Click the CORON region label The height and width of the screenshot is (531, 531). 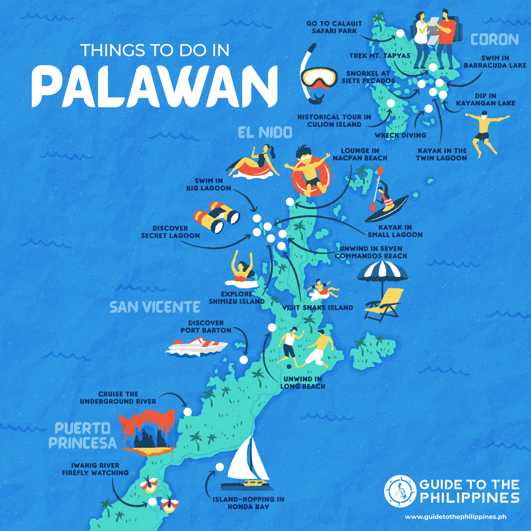494,40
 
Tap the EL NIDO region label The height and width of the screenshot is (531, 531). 265,132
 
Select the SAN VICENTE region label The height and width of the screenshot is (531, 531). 155,307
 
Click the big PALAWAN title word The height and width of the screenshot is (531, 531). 155,86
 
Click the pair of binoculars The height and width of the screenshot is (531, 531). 217,217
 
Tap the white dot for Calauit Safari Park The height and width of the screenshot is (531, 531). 400,33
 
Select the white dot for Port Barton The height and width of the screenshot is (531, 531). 244,360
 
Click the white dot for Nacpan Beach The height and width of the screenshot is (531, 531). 290,202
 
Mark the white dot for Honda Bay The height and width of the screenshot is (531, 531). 219,467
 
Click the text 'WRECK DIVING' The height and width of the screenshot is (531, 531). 400,135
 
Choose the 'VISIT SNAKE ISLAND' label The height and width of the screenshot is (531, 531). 317,308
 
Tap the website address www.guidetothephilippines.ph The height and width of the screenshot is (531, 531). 455,517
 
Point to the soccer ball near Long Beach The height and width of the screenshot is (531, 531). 289,367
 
